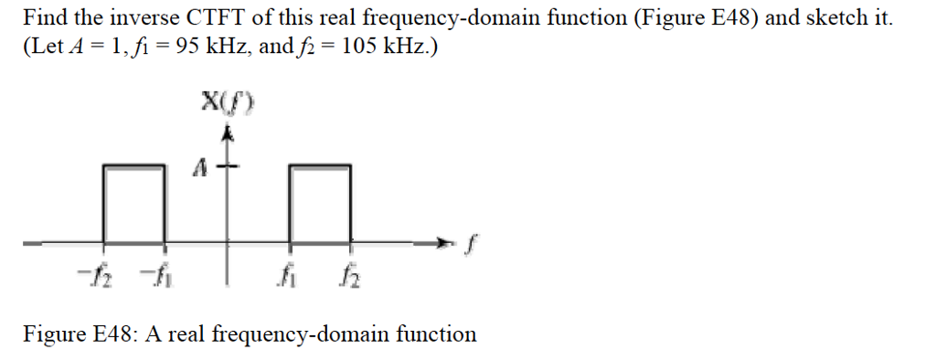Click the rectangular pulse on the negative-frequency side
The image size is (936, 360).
click(133, 203)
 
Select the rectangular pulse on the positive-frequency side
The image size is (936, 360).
click(321, 203)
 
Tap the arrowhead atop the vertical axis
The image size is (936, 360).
click(229, 134)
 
